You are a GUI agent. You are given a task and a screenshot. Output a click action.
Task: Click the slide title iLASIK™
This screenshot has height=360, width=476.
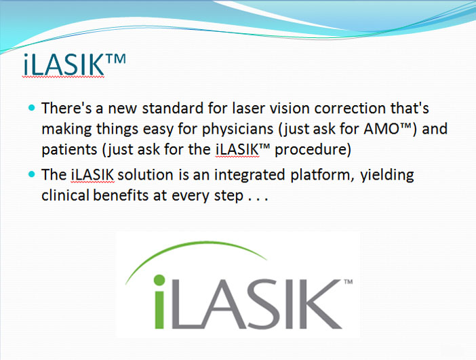pyautogui.click(x=74, y=64)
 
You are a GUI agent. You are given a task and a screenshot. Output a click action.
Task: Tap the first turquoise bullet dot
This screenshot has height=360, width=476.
pyautogui.click(x=32, y=107)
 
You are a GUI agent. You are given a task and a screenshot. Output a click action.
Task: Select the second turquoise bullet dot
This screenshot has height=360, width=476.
pyautogui.click(x=32, y=174)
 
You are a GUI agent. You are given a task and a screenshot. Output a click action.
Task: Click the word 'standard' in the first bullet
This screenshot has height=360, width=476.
pyautogui.click(x=173, y=108)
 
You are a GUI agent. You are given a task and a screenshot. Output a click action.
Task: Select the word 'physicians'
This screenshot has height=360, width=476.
pyautogui.click(x=238, y=129)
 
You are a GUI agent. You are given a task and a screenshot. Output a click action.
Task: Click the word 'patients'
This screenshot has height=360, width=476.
pyautogui.click(x=69, y=150)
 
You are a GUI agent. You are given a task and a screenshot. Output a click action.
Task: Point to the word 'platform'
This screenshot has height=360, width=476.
pyautogui.click(x=322, y=175)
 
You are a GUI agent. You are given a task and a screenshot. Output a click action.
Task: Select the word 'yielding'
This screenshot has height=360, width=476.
pyautogui.click(x=387, y=175)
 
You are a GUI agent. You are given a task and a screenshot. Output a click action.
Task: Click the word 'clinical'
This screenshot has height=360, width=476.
pyautogui.click(x=65, y=195)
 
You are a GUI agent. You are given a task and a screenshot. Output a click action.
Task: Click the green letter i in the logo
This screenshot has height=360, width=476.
pyautogui.click(x=159, y=302)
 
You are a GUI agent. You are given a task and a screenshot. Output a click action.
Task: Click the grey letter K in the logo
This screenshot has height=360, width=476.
pyautogui.click(x=322, y=304)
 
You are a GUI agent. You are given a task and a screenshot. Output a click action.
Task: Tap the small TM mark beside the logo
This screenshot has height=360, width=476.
pyautogui.click(x=349, y=281)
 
